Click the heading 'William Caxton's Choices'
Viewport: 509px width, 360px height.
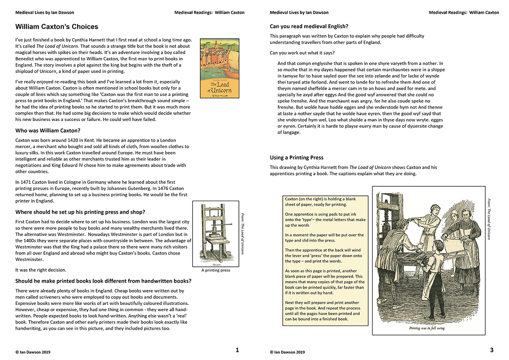click(x=57, y=27)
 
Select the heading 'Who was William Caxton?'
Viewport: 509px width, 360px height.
click(x=48, y=131)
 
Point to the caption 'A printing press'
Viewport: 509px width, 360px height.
click(x=216, y=270)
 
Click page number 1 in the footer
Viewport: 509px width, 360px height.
click(x=237, y=350)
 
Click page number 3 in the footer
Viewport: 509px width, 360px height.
click(x=492, y=350)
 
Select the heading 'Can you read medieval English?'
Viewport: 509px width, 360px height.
click(x=309, y=26)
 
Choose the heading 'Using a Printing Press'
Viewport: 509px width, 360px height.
click(x=296, y=158)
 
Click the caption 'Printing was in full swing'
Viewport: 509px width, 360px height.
click(x=426, y=328)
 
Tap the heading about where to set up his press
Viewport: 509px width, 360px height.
click(x=80, y=212)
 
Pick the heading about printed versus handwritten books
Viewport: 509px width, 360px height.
click(x=103, y=281)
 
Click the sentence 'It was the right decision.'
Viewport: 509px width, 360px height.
click(x=41, y=270)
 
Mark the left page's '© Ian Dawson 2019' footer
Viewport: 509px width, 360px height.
click(x=33, y=352)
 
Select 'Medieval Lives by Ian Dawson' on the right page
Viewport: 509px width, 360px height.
click(x=299, y=13)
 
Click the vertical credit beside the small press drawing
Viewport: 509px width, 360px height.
click(x=243, y=233)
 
